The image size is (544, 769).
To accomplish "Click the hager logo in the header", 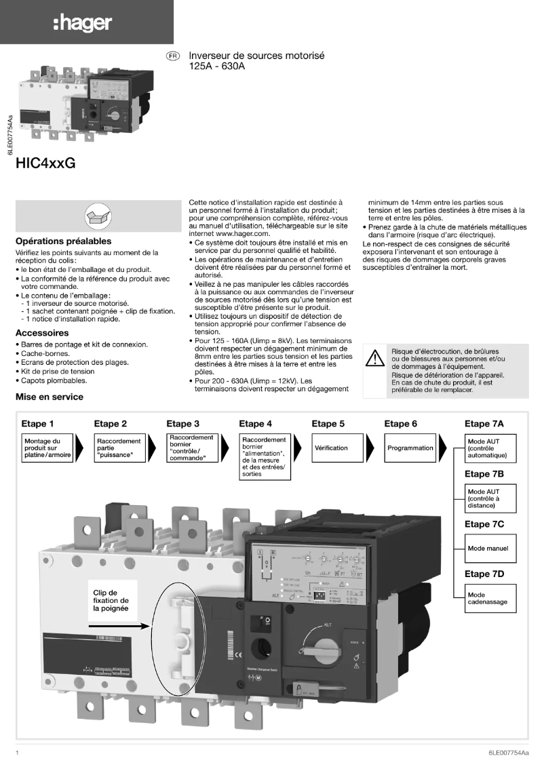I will pyautogui.click(x=82, y=22).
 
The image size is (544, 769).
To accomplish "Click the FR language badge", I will pyautogui.click(x=173, y=56).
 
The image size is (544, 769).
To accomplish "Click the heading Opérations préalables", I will pyautogui.click(x=63, y=241).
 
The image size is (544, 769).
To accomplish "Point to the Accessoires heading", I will pyautogui.click(x=42, y=333).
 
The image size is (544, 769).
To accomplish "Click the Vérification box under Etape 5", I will pyautogui.click(x=331, y=448).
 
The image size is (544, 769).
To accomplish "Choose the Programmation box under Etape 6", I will pyautogui.click(x=410, y=448).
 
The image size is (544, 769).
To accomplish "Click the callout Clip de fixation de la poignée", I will pyautogui.click(x=111, y=600).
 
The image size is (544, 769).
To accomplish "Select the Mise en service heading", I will pyautogui.click(x=50, y=397).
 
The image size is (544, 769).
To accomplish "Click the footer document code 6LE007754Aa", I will pyautogui.click(x=507, y=753).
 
